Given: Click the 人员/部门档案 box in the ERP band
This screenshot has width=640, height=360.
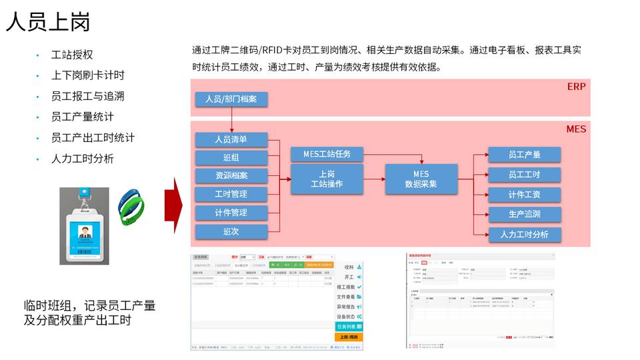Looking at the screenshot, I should tap(231, 99).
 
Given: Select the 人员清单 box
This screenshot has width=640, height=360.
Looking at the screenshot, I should tap(231, 140).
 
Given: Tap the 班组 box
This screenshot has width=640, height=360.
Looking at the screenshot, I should tap(231, 158).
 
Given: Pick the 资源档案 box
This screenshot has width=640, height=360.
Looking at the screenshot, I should tap(231, 176).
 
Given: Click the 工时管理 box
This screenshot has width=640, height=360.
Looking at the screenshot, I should tap(231, 194).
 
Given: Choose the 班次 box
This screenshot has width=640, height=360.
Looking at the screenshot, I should tap(231, 231).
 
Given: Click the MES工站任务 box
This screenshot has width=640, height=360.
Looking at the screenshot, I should tap(327, 155).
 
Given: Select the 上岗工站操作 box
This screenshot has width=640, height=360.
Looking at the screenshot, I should tap(327, 179).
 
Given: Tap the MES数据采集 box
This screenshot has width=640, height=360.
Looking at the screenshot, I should tap(421, 179).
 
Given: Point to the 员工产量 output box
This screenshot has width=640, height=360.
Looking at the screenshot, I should tap(524, 155).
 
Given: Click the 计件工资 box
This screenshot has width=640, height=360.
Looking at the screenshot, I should tap(524, 195).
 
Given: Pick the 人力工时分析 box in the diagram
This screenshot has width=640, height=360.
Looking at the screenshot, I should tap(524, 235).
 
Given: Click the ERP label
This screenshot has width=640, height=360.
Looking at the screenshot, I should tap(576, 87).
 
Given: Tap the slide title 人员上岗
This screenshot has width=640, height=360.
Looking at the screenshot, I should tap(47, 23).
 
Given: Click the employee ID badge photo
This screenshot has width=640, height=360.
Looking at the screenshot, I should tap(84, 225).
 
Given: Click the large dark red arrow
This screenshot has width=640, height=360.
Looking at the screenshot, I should tap(179, 206).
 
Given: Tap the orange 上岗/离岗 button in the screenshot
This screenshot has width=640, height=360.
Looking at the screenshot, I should tap(348, 337).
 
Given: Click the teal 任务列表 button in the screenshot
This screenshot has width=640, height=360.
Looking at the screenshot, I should tap(348, 327).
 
